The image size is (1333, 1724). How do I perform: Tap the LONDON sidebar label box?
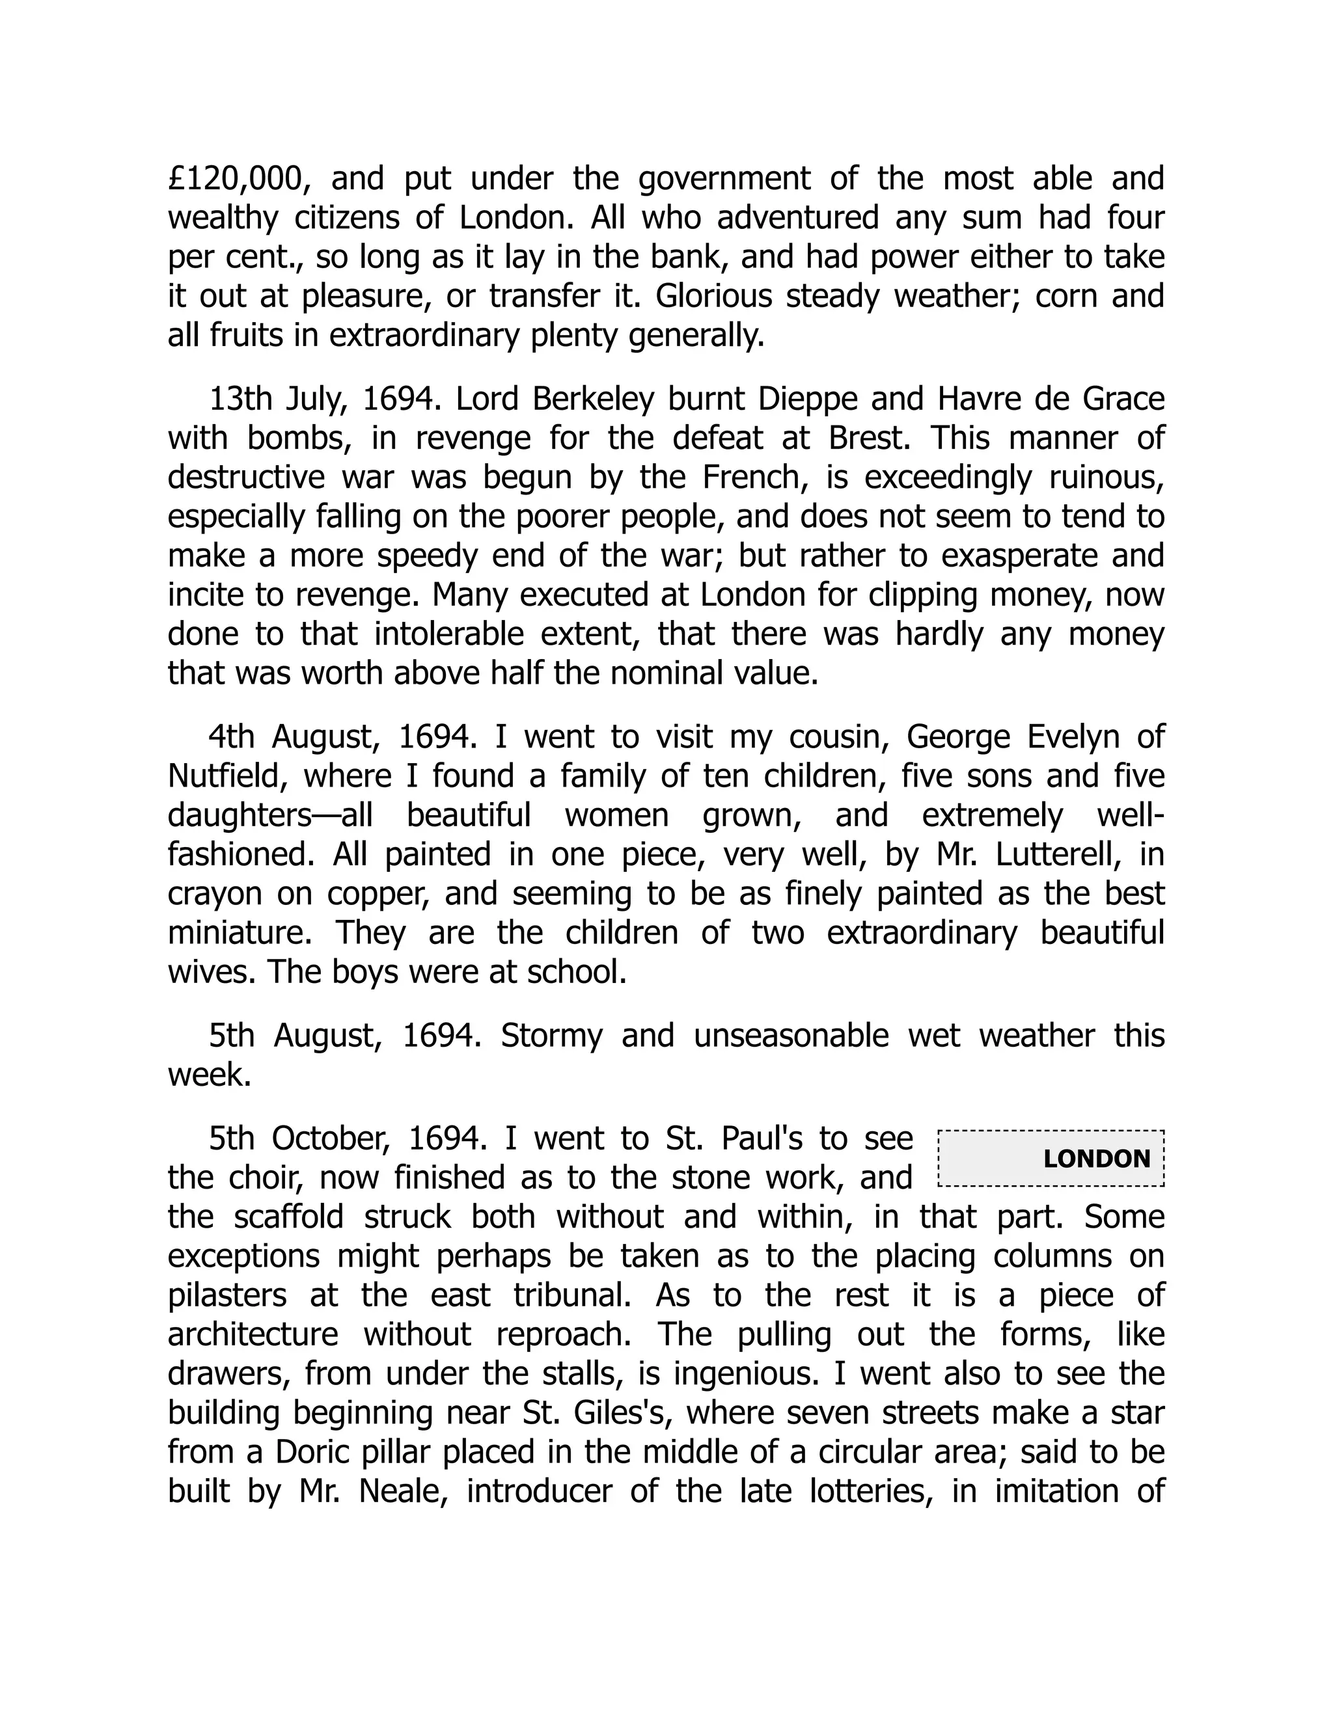click(1051, 1158)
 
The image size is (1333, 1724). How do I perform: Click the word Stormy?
click(551, 1035)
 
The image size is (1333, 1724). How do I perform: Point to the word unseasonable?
click(790, 1035)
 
